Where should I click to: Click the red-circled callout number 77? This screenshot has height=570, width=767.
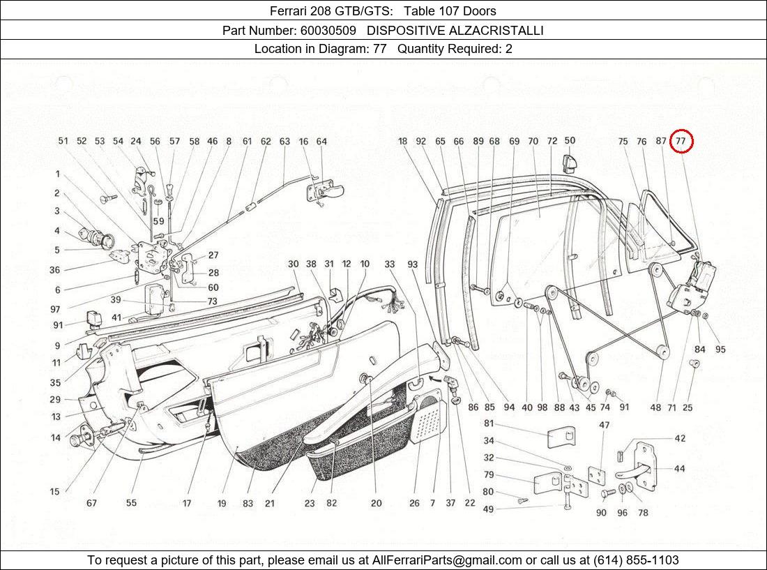tap(681, 142)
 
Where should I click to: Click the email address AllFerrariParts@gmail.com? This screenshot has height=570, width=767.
tap(447, 560)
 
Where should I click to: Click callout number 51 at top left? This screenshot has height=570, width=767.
tap(63, 142)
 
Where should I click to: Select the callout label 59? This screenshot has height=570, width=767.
tap(159, 221)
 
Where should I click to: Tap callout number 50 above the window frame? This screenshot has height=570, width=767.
tap(570, 141)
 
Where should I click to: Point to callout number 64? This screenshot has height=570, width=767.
tap(321, 142)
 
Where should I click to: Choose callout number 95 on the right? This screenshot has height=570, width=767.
tap(720, 350)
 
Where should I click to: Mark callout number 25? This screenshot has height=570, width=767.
tap(688, 407)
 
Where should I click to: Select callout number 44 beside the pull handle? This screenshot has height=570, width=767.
tap(679, 468)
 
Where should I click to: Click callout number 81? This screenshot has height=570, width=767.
tap(489, 423)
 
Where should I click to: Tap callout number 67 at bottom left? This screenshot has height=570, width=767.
tap(91, 503)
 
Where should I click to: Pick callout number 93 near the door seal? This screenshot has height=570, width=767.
tap(413, 264)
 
